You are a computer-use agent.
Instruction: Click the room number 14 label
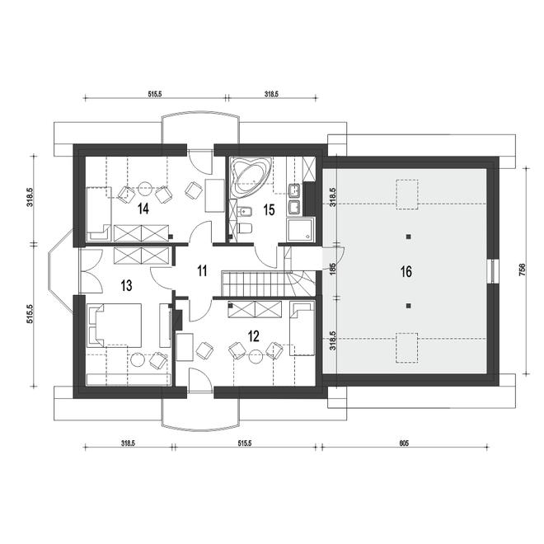(143, 209)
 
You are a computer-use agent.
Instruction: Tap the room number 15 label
(269, 210)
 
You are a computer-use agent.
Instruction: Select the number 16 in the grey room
(406, 272)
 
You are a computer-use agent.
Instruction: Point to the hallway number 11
(202, 270)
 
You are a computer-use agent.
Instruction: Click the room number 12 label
(254, 335)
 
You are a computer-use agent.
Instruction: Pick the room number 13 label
(126, 286)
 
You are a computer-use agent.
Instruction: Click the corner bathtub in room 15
(251, 177)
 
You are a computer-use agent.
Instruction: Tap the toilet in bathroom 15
(245, 227)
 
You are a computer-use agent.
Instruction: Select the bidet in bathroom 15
(245, 210)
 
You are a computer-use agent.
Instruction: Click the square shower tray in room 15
(301, 229)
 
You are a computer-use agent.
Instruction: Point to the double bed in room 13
(114, 325)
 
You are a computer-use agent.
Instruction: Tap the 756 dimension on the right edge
(523, 270)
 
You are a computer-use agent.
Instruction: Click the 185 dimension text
(333, 270)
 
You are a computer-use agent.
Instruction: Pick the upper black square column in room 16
(409, 237)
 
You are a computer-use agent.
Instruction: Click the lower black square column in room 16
(409, 306)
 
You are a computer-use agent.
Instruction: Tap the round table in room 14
(145, 189)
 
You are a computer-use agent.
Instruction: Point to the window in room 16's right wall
(493, 271)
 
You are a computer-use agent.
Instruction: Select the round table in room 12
(256, 357)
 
